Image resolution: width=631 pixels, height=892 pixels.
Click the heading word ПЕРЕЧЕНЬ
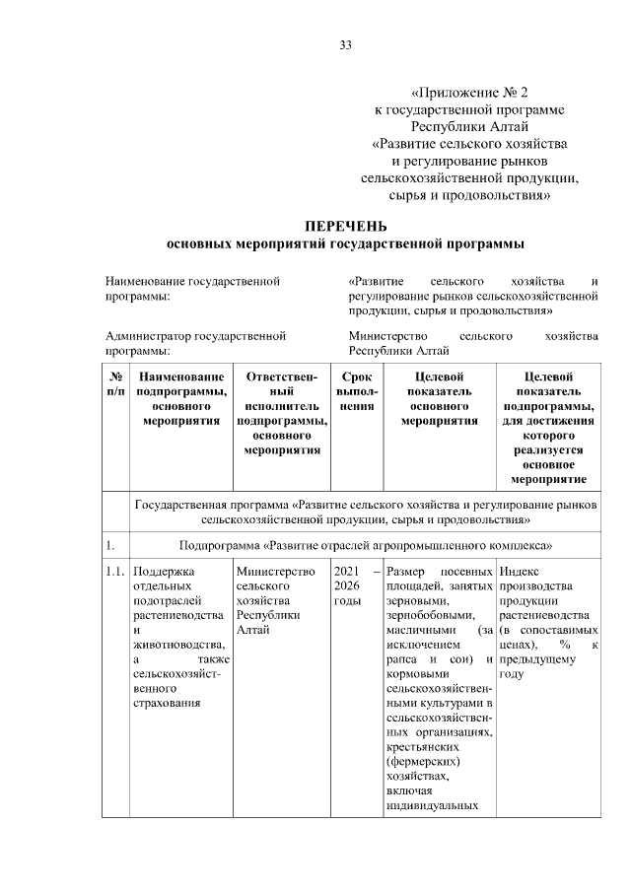[x=345, y=226]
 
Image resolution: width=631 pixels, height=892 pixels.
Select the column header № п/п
[x=115, y=383]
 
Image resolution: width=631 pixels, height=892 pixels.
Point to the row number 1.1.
[x=115, y=572]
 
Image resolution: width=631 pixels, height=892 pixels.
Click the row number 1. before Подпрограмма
[x=110, y=544]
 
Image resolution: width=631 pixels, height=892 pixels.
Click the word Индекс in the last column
[x=520, y=572]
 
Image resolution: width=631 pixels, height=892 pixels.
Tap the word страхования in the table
[x=167, y=703]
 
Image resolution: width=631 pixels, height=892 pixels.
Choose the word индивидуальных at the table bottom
[x=433, y=806]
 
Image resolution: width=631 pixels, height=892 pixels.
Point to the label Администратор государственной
[x=195, y=336]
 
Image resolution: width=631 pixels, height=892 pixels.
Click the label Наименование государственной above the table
[x=192, y=281]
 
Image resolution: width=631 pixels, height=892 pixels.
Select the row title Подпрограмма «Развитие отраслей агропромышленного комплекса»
[x=365, y=544]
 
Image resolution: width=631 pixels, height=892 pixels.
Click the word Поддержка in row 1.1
[x=165, y=572]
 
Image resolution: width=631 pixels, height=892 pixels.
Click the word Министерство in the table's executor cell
[x=275, y=572]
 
